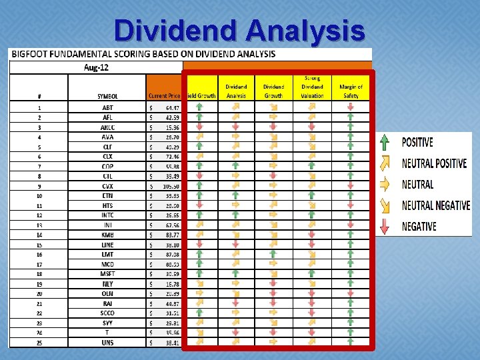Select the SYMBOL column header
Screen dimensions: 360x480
(107, 96)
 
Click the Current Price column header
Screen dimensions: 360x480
(165, 96)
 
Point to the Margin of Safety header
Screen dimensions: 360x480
(351, 91)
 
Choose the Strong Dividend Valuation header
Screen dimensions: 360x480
(312, 87)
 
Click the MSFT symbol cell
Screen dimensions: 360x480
(107, 273)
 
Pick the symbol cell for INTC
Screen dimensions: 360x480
(107, 215)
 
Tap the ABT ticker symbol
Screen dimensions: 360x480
(107, 107)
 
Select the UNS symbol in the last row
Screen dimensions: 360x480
(107, 342)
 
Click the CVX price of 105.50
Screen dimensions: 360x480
(171, 186)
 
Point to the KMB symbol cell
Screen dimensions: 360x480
(107, 235)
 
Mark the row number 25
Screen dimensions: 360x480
(39, 342)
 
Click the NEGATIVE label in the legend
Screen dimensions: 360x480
(419, 227)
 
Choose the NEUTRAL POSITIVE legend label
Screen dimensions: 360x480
(434, 163)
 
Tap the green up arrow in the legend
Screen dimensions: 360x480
(385, 142)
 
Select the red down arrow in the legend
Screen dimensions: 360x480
(385, 226)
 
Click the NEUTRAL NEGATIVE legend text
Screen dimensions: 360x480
(435, 205)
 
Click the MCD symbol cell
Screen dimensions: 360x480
(107, 264)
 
